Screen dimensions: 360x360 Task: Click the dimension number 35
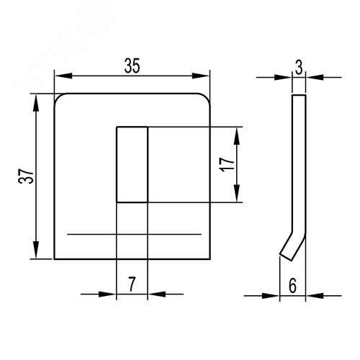(x=132, y=66)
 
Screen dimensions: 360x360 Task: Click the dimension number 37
(x=26, y=176)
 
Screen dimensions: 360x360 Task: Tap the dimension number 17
(x=227, y=164)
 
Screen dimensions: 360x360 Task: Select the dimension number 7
(x=132, y=284)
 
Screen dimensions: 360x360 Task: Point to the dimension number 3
(x=299, y=68)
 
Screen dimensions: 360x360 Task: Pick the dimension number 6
(x=292, y=286)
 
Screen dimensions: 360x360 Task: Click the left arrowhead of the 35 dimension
(x=63, y=76)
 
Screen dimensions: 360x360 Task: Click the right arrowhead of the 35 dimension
(x=201, y=76)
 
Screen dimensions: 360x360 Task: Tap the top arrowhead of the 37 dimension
(x=36, y=103)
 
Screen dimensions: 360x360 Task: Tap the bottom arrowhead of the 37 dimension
(x=36, y=250)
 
